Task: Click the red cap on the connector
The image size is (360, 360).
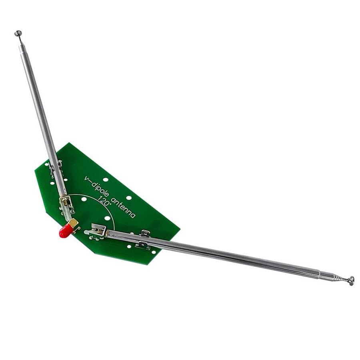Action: (x=65, y=231)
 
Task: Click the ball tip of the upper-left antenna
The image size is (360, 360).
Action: (x=18, y=34)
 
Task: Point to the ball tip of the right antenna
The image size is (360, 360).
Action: (x=350, y=281)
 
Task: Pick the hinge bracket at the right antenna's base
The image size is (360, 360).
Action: (x=98, y=231)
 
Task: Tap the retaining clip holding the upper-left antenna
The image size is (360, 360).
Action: (x=56, y=168)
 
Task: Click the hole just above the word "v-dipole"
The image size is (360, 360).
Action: (x=105, y=180)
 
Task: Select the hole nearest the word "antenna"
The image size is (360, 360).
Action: (x=129, y=198)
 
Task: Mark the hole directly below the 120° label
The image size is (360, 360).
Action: (x=107, y=218)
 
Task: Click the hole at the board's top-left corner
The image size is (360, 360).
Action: (x=47, y=164)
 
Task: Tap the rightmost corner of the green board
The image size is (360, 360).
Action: (x=180, y=230)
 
